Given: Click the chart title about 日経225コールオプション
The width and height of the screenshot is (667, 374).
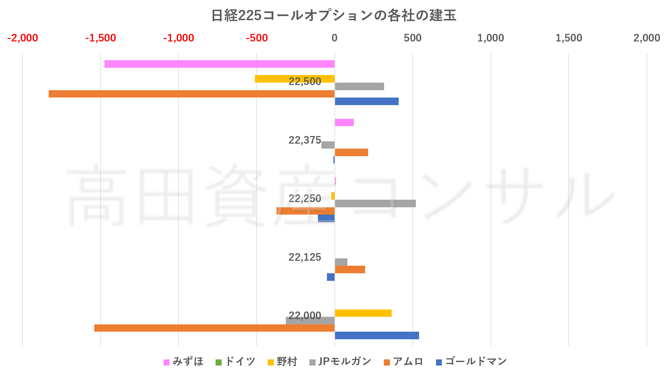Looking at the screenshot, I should (x=333, y=15).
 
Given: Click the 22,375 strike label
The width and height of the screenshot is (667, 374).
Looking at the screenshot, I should (x=305, y=140).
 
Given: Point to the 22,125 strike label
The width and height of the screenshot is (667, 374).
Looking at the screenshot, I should (x=305, y=257).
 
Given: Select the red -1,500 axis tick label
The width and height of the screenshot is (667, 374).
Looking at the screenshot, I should (x=101, y=38).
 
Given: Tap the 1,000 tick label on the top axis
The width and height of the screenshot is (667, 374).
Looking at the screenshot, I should (x=491, y=38).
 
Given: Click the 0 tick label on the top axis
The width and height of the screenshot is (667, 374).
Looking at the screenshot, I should (x=335, y=38).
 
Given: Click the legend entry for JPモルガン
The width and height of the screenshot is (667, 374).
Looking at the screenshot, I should (x=340, y=362).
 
